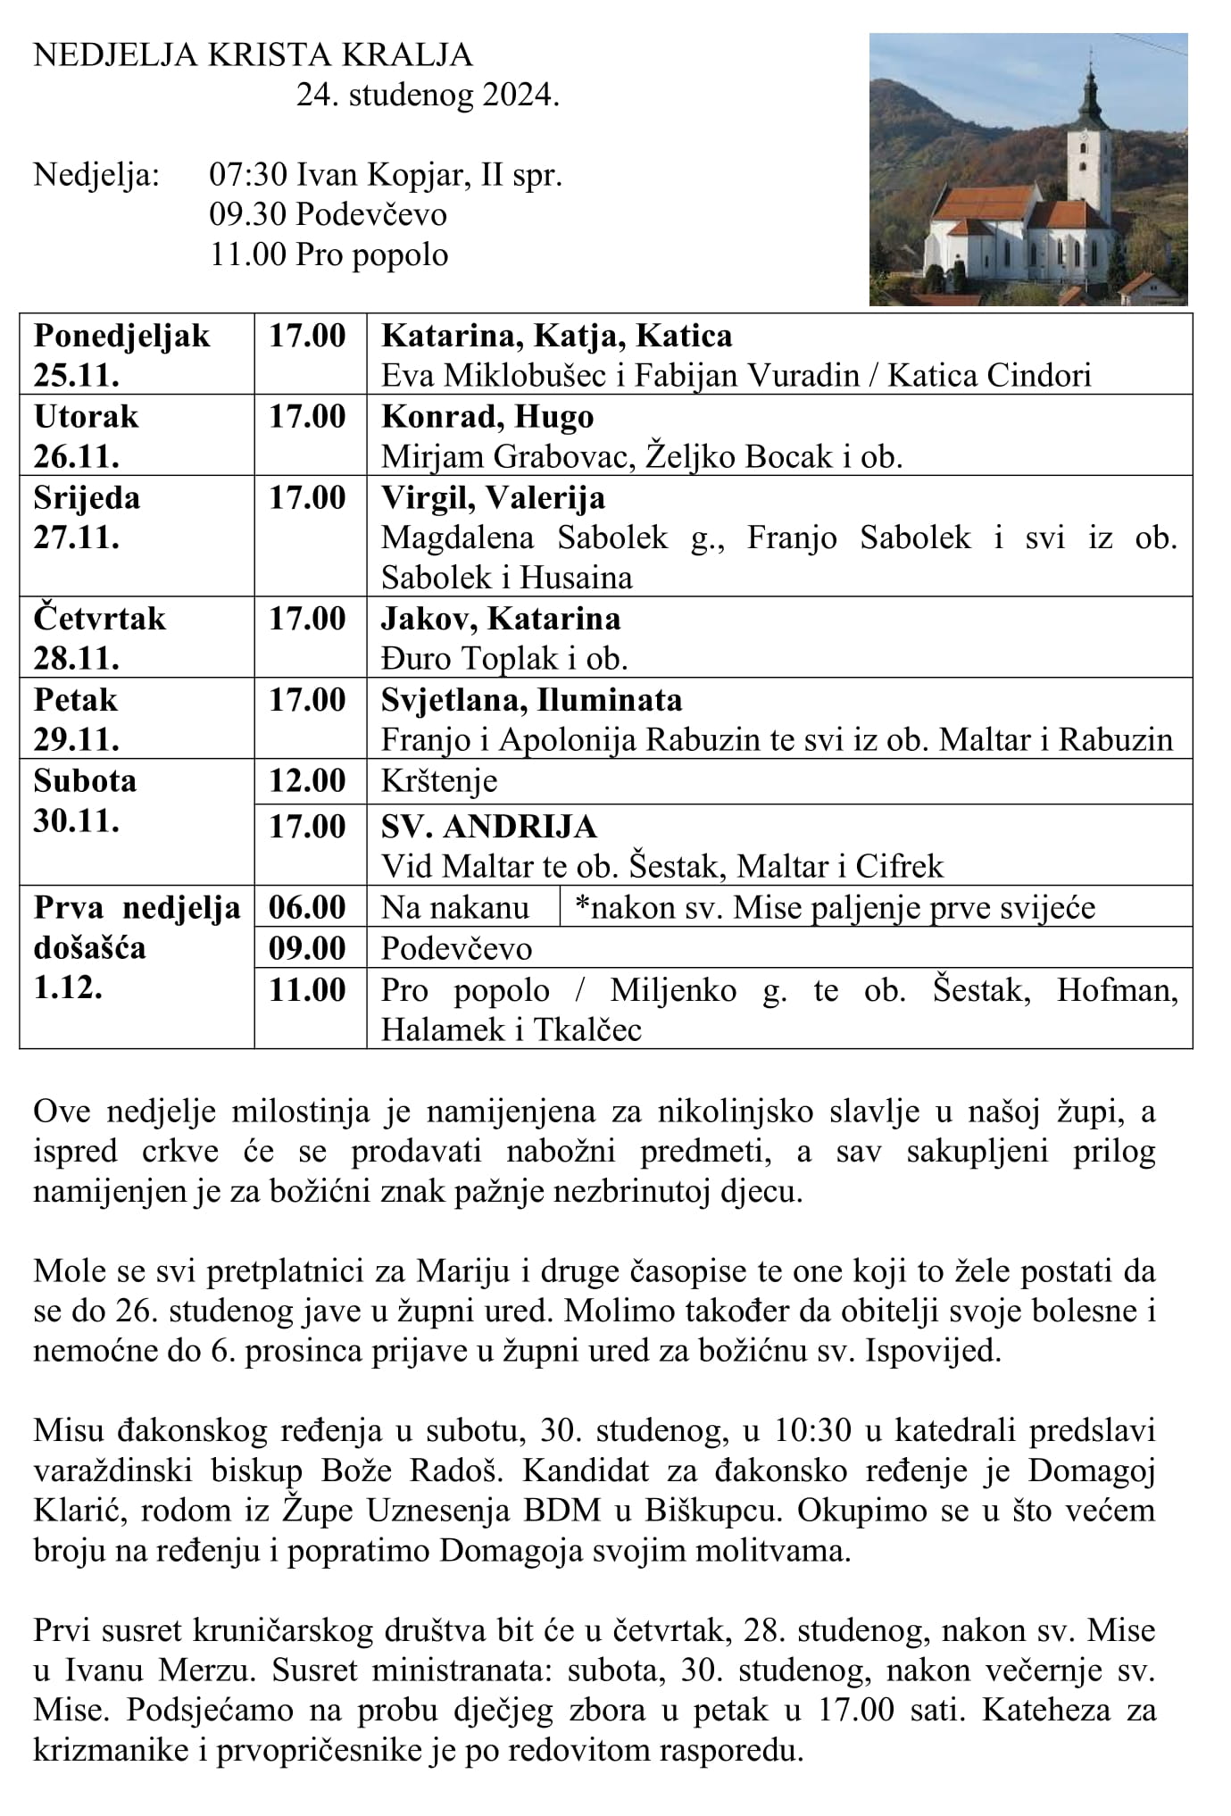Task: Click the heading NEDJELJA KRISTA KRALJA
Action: coord(253,55)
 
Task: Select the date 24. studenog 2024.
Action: coord(428,96)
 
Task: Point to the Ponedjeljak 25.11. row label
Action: coord(121,354)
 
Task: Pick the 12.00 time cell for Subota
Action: coord(308,781)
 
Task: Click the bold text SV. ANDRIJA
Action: coord(489,827)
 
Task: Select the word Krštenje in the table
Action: coord(439,781)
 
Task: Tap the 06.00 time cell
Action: coord(308,907)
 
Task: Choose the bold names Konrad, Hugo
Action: coord(487,417)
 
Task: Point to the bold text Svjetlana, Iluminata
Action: coord(531,700)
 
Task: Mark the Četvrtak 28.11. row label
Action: coord(100,637)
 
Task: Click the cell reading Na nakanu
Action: coord(455,907)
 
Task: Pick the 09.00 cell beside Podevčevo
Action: coord(308,948)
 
